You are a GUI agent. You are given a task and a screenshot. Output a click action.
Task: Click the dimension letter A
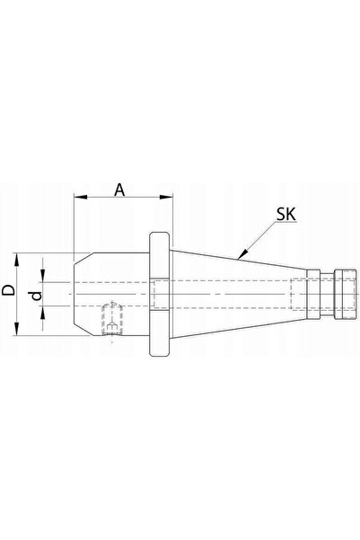(119, 190)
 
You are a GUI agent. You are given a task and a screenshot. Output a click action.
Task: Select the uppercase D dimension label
(9, 290)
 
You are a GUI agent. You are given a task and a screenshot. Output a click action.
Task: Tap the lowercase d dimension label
(36, 295)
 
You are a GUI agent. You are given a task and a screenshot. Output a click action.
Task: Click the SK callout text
(286, 214)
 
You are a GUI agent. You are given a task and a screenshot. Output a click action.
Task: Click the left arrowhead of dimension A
(80, 197)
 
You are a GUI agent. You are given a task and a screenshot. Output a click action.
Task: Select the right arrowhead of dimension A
(165, 197)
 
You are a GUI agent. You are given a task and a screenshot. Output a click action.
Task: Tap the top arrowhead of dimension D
(16, 259)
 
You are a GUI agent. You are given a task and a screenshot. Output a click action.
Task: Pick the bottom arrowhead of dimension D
(16, 329)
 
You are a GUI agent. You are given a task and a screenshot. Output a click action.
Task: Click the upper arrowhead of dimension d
(43, 276)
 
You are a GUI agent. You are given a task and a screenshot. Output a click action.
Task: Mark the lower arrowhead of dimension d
(43, 313)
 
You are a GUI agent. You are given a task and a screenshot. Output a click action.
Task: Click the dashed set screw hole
(112, 319)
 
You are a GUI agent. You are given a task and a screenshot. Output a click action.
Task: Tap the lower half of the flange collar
(159, 333)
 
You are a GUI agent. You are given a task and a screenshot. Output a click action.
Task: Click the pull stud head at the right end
(346, 294)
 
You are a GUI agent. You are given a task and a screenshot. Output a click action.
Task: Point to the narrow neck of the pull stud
(327, 294)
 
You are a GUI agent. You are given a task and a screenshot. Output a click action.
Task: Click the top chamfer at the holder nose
(83, 259)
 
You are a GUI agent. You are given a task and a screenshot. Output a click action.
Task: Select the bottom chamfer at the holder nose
(83, 330)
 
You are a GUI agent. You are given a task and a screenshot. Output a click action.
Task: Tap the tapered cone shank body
(238, 294)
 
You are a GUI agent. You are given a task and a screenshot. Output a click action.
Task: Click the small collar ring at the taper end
(313, 294)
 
